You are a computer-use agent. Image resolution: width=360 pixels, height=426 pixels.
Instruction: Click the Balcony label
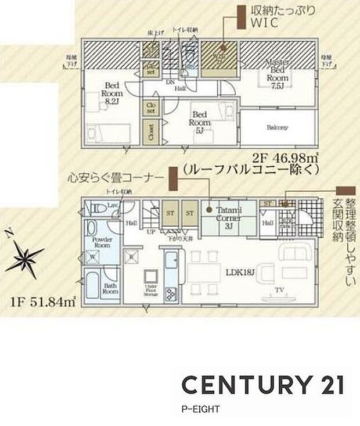(x=278, y=128)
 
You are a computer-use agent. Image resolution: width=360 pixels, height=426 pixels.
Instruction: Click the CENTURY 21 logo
(x=262, y=385)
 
